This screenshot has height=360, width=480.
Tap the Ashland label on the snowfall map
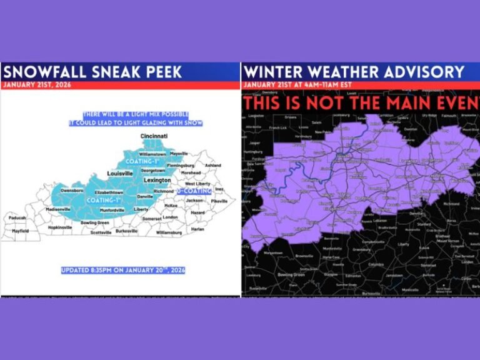212,165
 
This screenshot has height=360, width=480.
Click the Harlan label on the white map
197,228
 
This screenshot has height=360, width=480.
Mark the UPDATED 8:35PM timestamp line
122,271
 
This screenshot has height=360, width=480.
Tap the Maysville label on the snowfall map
179,153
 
